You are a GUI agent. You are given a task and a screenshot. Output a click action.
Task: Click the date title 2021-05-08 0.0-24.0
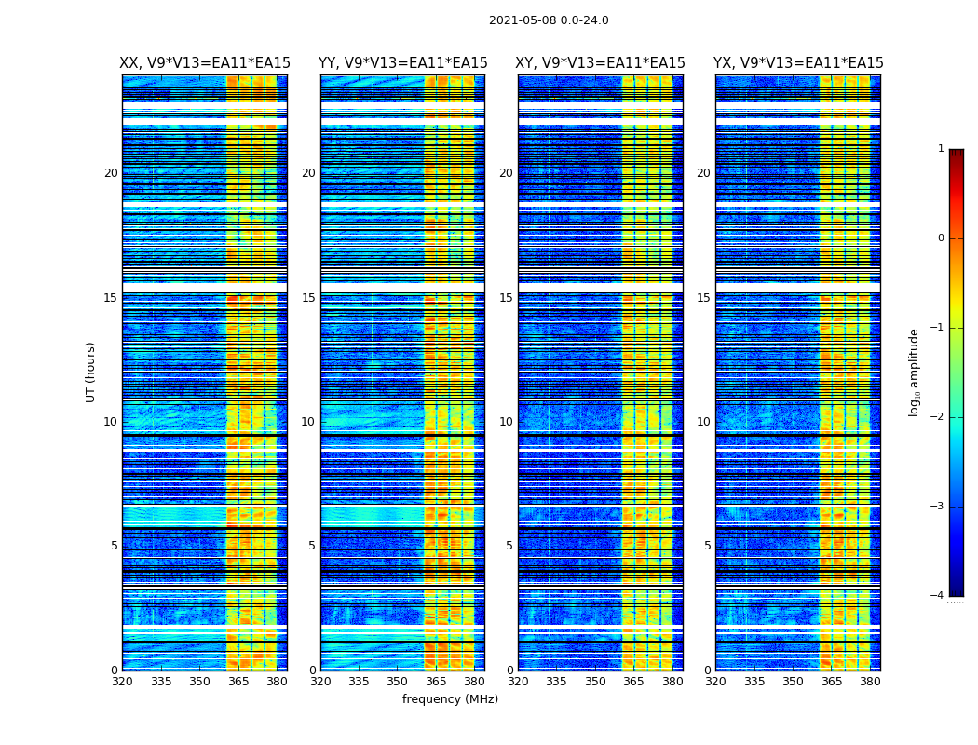pyautogui.click(x=549, y=20)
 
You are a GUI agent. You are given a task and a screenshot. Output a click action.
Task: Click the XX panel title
pyautogui.click(x=205, y=63)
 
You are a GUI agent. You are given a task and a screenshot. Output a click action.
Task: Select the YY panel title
pyautogui.click(x=402, y=63)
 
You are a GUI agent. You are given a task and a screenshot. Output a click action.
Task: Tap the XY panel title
pyautogui.click(x=601, y=63)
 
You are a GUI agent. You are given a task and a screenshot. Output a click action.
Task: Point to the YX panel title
pyautogui.click(x=798, y=63)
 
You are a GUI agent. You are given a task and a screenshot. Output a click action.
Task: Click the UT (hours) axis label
pyautogui.click(x=91, y=372)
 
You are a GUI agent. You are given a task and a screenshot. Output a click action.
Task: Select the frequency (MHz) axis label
pyautogui.click(x=450, y=699)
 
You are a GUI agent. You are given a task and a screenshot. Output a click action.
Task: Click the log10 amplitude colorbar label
pyautogui.click(x=915, y=372)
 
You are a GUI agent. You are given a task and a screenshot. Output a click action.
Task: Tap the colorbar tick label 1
pyautogui.click(x=941, y=149)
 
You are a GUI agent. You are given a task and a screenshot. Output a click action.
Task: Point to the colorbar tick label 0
pyautogui.click(x=941, y=238)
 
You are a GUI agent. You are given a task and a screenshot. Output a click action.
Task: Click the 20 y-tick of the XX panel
pyautogui.click(x=111, y=173)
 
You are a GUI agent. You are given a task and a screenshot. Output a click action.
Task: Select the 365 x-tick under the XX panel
pyautogui.click(x=238, y=682)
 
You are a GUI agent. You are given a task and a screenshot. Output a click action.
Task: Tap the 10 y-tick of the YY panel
pyautogui.click(x=308, y=422)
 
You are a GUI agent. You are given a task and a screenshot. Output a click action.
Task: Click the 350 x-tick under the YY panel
pyautogui.click(x=398, y=682)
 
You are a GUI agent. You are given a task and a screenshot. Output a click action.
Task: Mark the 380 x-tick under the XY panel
pyautogui.click(x=672, y=682)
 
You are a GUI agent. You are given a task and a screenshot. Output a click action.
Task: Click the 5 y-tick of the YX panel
pyautogui.click(x=707, y=546)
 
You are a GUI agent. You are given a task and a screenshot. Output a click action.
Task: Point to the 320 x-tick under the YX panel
pyautogui.click(x=716, y=682)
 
